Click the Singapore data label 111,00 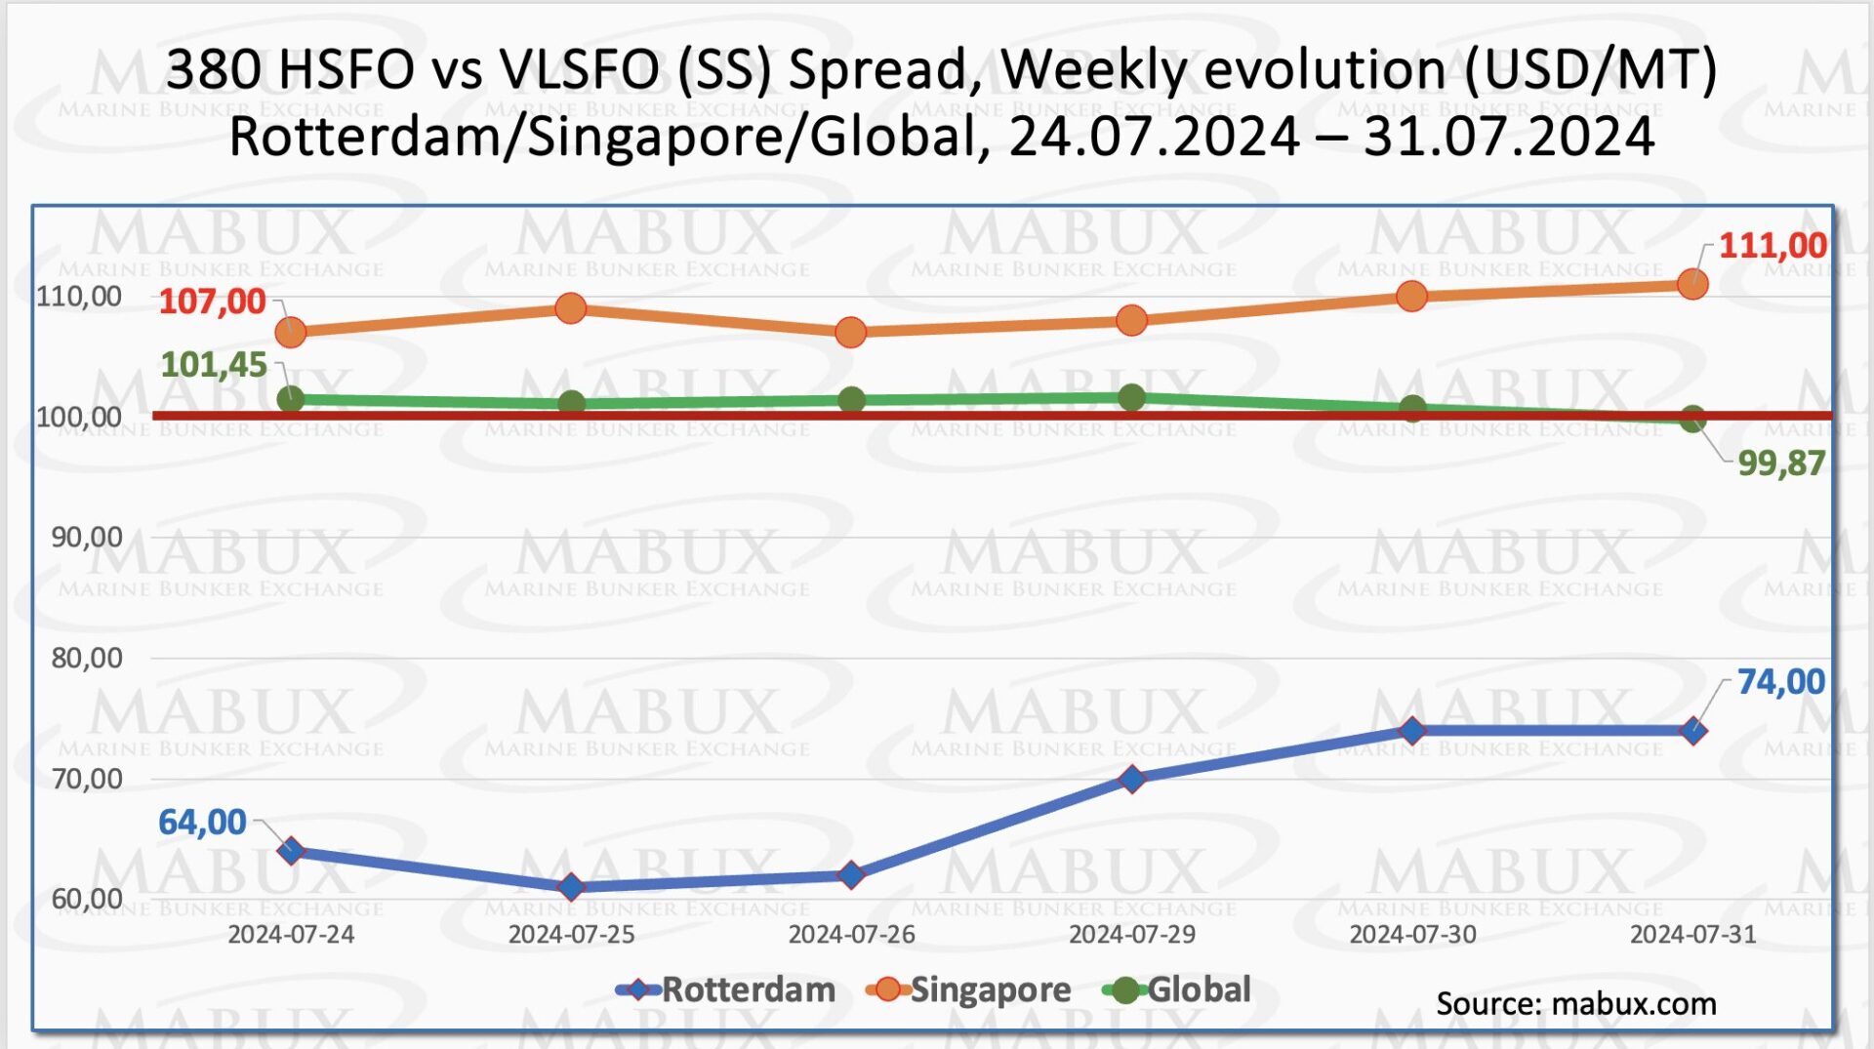pyautogui.click(x=1772, y=245)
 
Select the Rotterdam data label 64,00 pyautogui.click(x=202, y=822)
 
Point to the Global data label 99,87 pyautogui.click(x=1780, y=463)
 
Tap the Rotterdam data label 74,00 pyautogui.click(x=1780, y=681)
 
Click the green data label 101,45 pyautogui.click(x=213, y=364)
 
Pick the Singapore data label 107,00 pyautogui.click(x=212, y=302)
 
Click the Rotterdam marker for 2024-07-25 pyautogui.click(x=571, y=887)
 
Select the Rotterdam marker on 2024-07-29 pyautogui.click(x=1132, y=779)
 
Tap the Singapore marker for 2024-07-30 pyautogui.click(x=1411, y=297)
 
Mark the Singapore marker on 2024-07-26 pyautogui.click(x=851, y=333)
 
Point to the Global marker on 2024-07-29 pyautogui.click(x=1131, y=397)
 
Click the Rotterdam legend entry pyautogui.click(x=726, y=990)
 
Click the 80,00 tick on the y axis pyautogui.click(x=87, y=658)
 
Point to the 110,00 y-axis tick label pyautogui.click(x=79, y=297)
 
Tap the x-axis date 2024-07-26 pyautogui.click(x=851, y=935)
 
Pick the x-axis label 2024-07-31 pyautogui.click(x=1692, y=935)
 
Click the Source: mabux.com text pyautogui.click(x=1575, y=1004)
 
